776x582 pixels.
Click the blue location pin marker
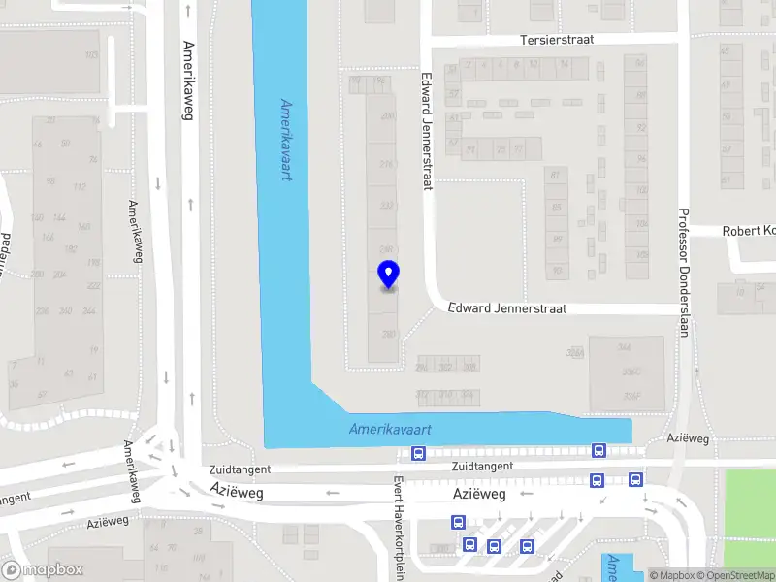click(x=388, y=275)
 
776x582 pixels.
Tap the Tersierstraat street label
click(x=557, y=40)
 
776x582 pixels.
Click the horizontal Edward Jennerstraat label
click(x=505, y=308)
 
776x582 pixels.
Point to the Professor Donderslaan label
click(x=683, y=273)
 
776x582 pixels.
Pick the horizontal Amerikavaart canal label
click(x=390, y=429)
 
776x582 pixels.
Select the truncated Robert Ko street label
click(x=748, y=231)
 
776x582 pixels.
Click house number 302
click(x=445, y=367)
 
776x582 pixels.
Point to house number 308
click(x=469, y=367)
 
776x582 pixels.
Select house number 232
click(x=387, y=206)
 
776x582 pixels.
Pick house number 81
click(x=556, y=176)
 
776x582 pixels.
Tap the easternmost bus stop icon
click(x=635, y=479)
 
